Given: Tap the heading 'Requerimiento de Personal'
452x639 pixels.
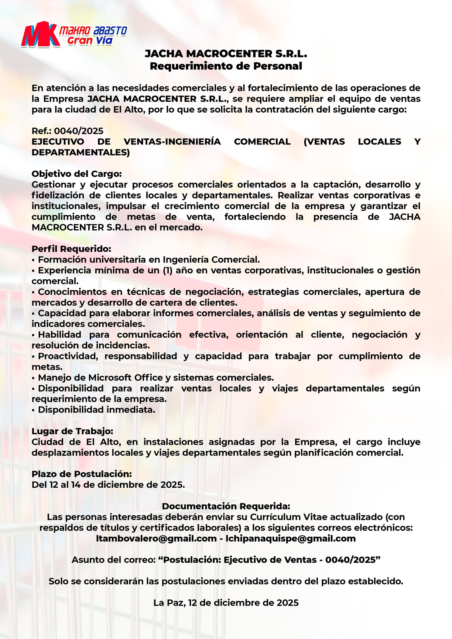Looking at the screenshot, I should (x=226, y=66).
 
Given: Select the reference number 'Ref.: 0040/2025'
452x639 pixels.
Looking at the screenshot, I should (x=67, y=131).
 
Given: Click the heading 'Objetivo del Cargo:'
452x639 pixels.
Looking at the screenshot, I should (x=77, y=173).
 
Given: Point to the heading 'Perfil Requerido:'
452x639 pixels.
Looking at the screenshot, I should (x=71, y=249).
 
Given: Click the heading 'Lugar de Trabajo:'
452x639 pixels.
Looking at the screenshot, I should (x=72, y=431).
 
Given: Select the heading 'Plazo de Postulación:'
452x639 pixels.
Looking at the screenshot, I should (x=82, y=474).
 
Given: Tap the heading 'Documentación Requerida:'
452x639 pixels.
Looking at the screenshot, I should (x=226, y=506).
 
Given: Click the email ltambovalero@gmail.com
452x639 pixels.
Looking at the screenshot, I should (x=156, y=538).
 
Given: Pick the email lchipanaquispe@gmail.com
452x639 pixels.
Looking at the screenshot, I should (x=291, y=538).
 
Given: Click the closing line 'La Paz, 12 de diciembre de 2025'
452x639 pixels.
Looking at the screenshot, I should (x=226, y=602).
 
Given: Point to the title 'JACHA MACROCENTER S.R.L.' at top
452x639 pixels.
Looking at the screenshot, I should (x=226, y=54).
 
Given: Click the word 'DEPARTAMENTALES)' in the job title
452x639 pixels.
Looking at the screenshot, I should (x=81, y=153).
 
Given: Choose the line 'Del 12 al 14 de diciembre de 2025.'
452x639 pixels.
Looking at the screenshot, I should (x=108, y=485).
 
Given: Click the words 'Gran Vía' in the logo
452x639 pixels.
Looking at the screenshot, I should (x=90, y=41).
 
